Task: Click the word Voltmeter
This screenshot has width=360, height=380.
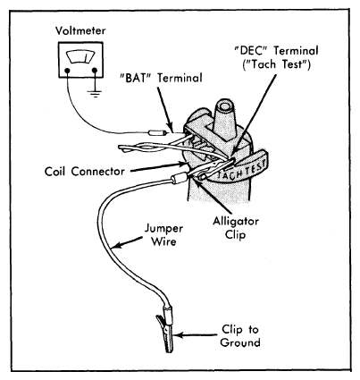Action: point(80,30)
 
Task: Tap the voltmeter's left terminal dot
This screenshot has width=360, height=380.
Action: point(67,71)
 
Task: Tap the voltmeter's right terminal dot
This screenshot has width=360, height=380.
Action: point(95,71)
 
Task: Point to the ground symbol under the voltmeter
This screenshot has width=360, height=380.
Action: point(95,94)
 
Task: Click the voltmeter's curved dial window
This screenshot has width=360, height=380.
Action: point(80,56)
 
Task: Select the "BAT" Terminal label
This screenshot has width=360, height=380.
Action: point(161,78)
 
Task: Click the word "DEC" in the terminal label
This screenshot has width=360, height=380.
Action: point(251,51)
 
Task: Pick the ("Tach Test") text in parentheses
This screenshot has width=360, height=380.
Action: point(276,64)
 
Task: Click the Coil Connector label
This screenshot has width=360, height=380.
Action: point(85,172)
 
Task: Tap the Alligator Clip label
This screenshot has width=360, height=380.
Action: point(236,228)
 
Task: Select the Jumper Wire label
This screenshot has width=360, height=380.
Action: point(163,235)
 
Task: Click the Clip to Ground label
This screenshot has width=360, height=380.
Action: point(240,336)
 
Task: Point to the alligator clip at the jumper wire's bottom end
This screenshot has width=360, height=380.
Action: point(165,331)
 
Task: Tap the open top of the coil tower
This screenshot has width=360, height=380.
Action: point(224,106)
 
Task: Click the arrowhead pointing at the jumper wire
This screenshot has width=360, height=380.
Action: point(116,245)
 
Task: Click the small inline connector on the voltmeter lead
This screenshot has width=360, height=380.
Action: point(155,133)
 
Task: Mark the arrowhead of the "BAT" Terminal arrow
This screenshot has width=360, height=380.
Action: point(171,127)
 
